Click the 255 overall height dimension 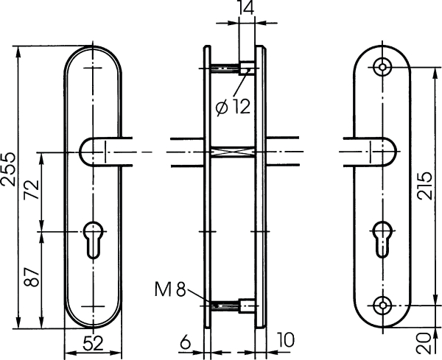[8, 169]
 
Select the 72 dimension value [32, 189]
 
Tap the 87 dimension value [32, 277]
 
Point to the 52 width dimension [94, 344]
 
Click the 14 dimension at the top [246, 7]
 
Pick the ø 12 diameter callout [233, 107]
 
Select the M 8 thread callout [170, 289]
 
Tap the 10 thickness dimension [286, 339]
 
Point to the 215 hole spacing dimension [424, 186]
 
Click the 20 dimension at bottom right [424, 343]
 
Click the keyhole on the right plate [382, 239]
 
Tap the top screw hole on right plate [382, 67]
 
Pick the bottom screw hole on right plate [382, 306]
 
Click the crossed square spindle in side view [233, 152]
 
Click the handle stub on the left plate [105, 152]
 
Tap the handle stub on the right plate [370, 152]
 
